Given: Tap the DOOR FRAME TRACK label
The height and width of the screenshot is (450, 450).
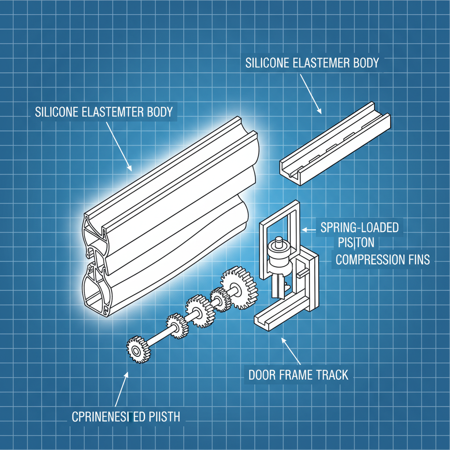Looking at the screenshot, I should (298, 375).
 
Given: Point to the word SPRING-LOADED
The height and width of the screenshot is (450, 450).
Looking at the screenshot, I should (359, 228).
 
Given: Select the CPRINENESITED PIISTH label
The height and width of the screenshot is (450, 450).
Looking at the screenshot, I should (126, 416).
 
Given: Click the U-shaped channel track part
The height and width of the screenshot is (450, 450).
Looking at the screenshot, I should (334, 145).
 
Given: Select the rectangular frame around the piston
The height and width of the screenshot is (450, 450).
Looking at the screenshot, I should (263, 246).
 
